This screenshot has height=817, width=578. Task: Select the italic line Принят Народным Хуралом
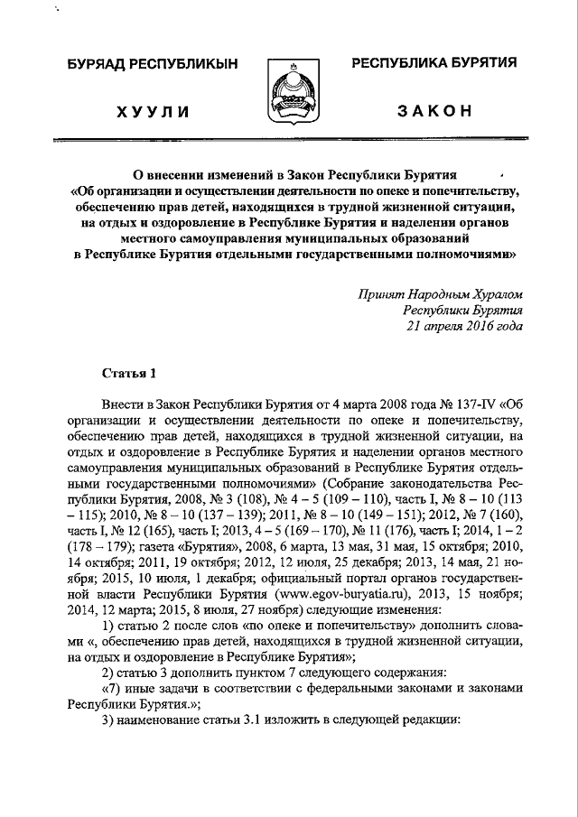pyautogui.click(x=440, y=293)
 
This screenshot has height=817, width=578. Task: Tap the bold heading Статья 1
pyautogui.click(x=128, y=373)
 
